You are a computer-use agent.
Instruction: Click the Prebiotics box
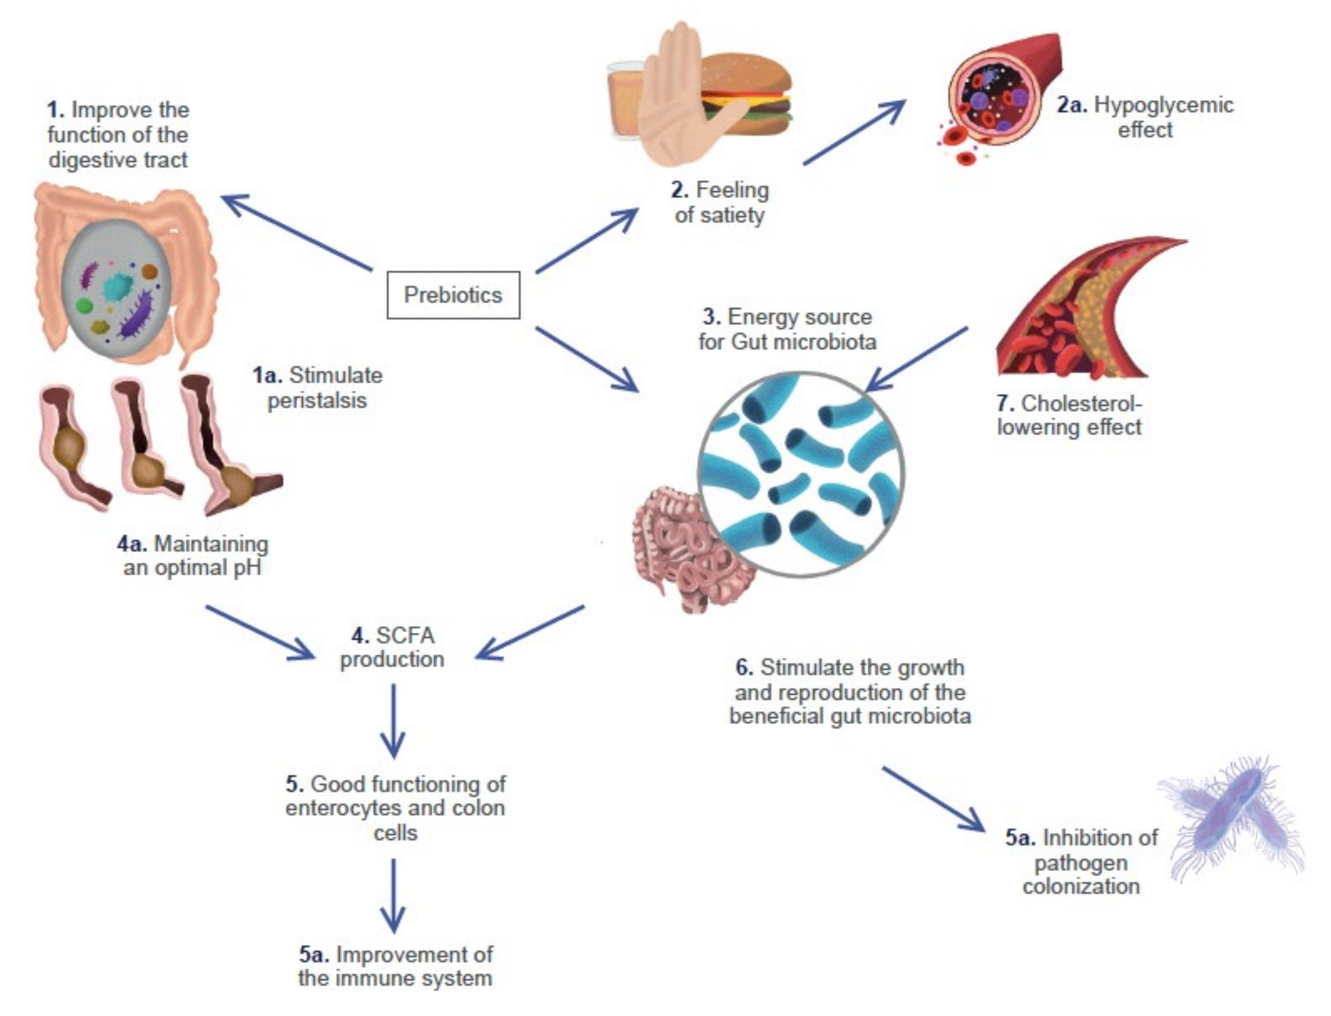point(453,295)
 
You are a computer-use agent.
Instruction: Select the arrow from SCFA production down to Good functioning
point(393,720)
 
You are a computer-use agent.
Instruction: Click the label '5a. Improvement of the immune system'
point(396,966)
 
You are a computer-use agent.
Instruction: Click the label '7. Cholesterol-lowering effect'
point(1069,415)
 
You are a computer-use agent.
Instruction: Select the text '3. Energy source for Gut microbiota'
point(787,329)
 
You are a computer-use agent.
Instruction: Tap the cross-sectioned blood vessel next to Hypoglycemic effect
point(998,91)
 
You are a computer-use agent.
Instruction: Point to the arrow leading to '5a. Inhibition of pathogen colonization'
point(932,798)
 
